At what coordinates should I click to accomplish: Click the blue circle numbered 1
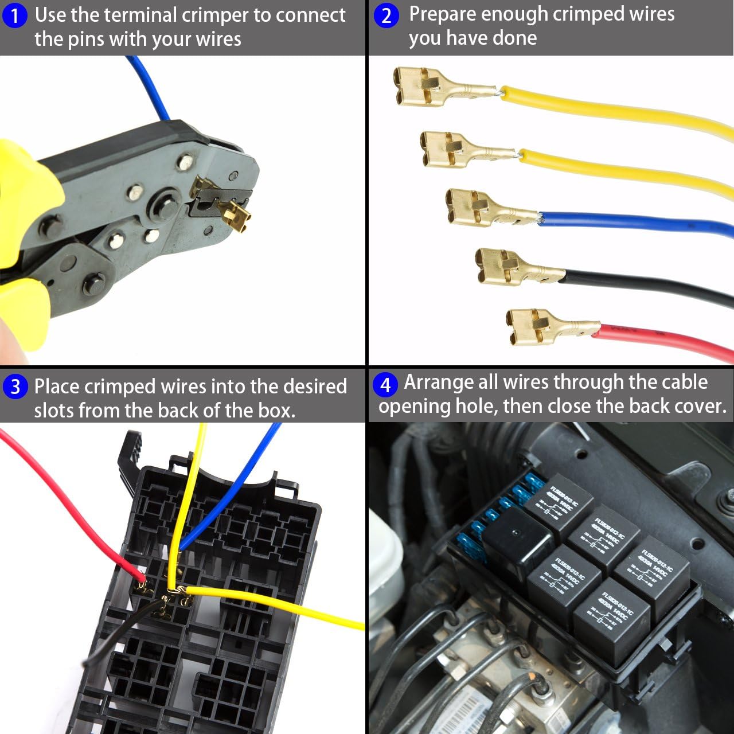point(15,16)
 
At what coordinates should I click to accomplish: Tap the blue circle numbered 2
point(386,15)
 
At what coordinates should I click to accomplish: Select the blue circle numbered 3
point(15,386)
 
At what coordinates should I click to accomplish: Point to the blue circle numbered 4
point(385,384)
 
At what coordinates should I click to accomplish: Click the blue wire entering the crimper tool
point(149,86)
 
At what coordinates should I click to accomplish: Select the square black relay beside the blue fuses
point(516,542)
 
